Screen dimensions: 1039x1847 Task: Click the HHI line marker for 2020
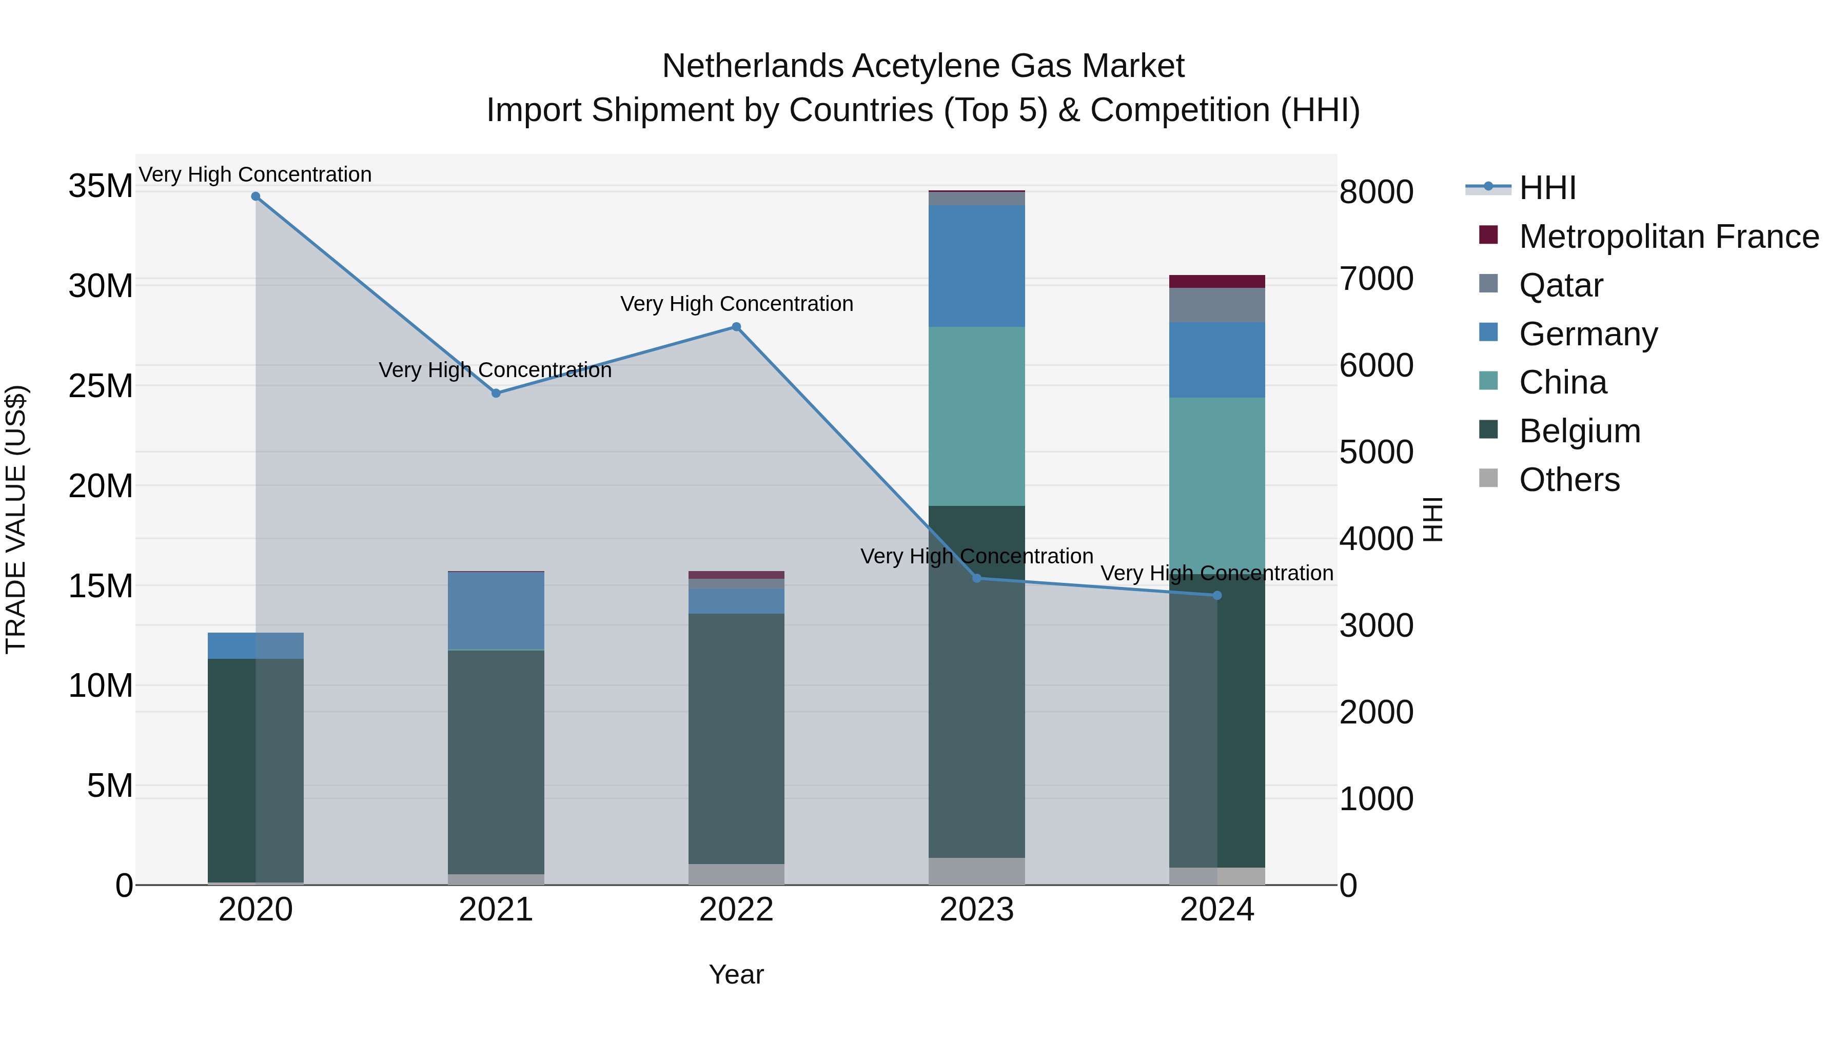click(256, 197)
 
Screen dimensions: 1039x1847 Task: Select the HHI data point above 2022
click(736, 327)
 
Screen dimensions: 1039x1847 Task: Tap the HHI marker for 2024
click(1217, 596)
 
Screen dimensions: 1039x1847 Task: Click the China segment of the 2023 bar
click(976, 416)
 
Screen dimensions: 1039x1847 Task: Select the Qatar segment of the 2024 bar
click(1217, 305)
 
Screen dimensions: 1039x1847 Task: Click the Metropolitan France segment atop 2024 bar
click(1217, 281)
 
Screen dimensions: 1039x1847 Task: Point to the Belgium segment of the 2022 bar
click(736, 738)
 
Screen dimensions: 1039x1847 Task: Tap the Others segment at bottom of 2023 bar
click(976, 871)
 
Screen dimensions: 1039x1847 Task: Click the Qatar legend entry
click(1560, 285)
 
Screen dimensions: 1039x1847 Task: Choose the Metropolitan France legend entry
click(1668, 237)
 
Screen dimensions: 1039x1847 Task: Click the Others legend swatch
click(1488, 478)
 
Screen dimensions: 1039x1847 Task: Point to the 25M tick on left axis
click(101, 386)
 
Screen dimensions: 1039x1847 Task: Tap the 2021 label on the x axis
click(496, 910)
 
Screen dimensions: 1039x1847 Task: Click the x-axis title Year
click(736, 974)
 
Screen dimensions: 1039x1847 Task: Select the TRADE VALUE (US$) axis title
click(16, 519)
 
